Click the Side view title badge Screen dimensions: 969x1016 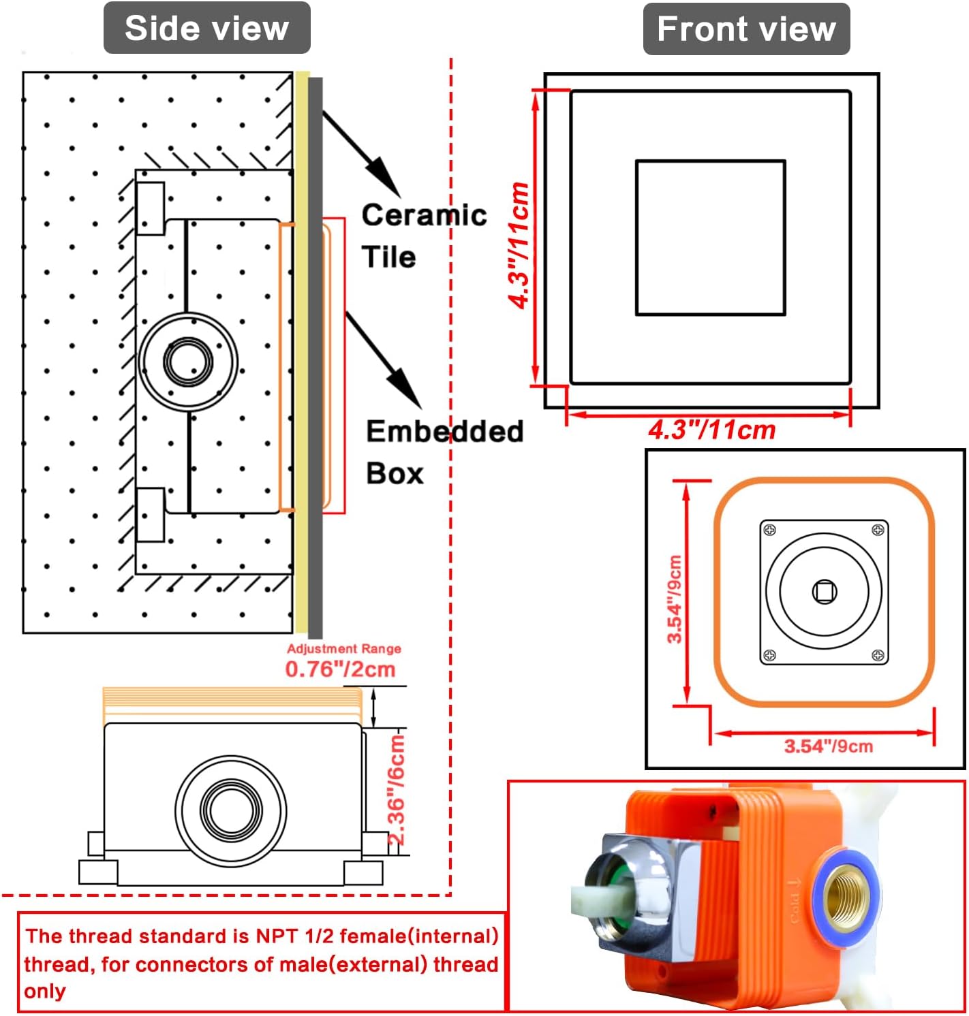pos(207,28)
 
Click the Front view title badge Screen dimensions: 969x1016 pos(746,29)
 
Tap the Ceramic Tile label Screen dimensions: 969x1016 pos(424,236)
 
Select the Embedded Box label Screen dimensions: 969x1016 pos(444,452)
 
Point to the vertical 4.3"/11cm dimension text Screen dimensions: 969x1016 pos(519,245)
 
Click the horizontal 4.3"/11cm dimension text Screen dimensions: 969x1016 pos(712,430)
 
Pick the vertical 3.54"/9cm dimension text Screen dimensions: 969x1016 pos(675,599)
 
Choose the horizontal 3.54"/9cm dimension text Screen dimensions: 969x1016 pos(828,746)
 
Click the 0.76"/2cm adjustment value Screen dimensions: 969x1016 pos(341,670)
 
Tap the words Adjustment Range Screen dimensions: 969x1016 pos(344,648)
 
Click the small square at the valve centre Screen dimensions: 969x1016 pos(824,592)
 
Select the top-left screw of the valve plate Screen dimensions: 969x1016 pos(770,530)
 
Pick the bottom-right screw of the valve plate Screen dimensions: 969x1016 pos(878,655)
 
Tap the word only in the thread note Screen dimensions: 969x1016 pos(45,991)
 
